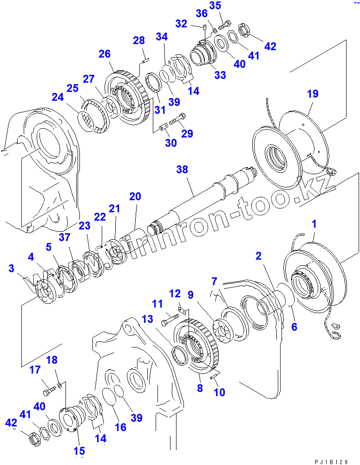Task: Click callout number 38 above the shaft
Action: pyautogui.click(x=182, y=170)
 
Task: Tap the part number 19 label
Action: pyautogui.click(x=313, y=94)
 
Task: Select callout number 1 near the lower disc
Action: pyautogui.click(x=314, y=224)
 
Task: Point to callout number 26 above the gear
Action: pyautogui.click(x=104, y=54)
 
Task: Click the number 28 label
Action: pyautogui.click(x=139, y=41)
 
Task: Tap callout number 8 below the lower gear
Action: pyautogui.click(x=200, y=388)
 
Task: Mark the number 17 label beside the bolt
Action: pyautogui.click(x=35, y=370)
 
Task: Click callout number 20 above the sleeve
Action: pyautogui.click(x=135, y=197)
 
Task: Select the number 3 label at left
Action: pyautogui.click(x=11, y=268)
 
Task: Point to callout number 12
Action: pyautogui.click(x=175, y=294)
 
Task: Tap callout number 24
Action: pyautogui.click(x=57, y=98)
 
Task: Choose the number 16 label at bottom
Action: pyautogui.click(x=120, y=427)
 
